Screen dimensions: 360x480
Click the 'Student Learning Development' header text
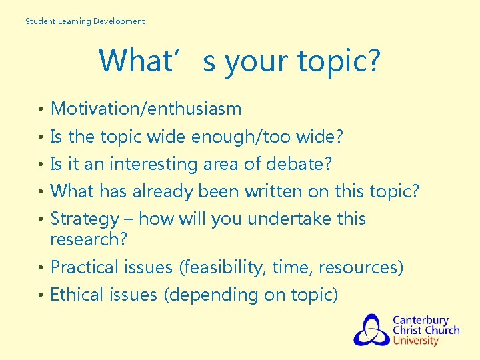(x=85, y=21)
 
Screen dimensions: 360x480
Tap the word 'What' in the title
(x=135, y=61)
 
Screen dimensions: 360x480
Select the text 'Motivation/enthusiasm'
(x=146, y=109)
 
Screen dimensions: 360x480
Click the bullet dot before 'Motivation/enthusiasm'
(x=41, y=109)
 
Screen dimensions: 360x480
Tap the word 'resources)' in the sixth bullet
(x=361, y=267)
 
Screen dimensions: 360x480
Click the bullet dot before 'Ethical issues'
(x=41, y=295)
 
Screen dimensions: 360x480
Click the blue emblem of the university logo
(x=371, y=330)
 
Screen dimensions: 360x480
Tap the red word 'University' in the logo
(x=415, y=341)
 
